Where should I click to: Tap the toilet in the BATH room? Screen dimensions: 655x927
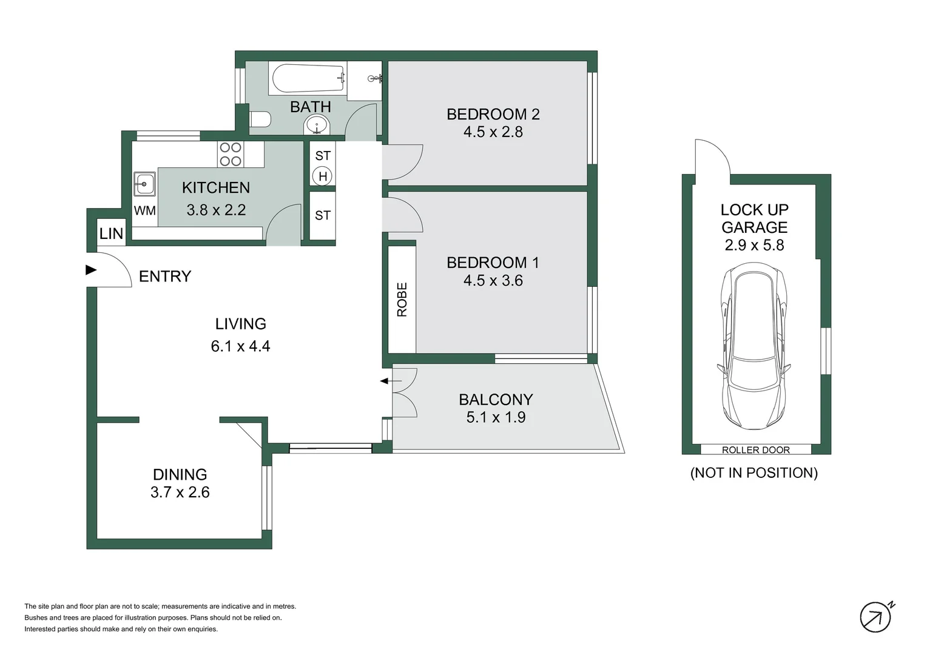(x=260, y=119)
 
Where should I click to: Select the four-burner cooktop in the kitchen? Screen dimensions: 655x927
(x=231, y=154)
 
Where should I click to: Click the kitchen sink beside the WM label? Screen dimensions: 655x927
(x=144, y=183)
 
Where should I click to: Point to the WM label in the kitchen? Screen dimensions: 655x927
(x=144, y=210)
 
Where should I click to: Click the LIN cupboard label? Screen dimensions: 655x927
(x=111, y=233)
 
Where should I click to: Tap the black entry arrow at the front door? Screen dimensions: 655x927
(x=91, y=269)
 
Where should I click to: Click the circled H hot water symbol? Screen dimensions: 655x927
(x=323, y=176)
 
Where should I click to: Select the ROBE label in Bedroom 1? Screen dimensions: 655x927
(x=402, y=299)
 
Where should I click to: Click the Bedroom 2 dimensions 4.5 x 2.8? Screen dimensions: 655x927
(x=493, y=132)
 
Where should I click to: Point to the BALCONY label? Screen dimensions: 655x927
(x=496, y=400)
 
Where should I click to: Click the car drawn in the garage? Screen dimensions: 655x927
(x=753, y=346)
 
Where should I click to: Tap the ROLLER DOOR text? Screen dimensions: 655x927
(x=755, y=450)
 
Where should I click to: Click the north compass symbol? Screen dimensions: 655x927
(x=875, y=617)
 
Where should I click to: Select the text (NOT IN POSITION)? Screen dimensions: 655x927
(x=753, y=473)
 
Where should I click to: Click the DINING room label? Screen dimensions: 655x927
(x=180, y=474)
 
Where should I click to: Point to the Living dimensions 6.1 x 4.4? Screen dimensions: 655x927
(x=240, y=346)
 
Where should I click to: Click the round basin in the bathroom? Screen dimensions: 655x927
(x=316, y=126)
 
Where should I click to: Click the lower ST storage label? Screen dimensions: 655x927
(x=323, y=215)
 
